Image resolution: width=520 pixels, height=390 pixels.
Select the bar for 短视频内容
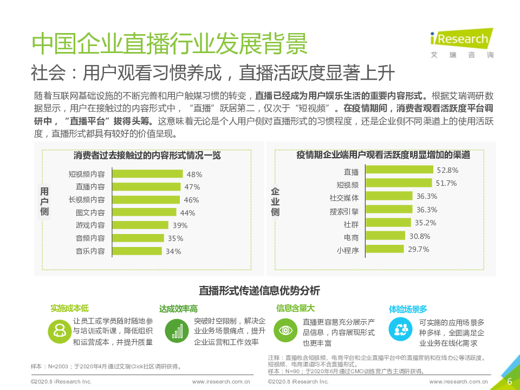pyautogui.click(x=147, y=174)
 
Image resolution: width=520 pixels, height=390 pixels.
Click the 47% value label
pyautogui.click(x=192, y=187)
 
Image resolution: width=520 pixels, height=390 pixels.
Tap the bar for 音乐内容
pyautogui.click(x=136, y=251)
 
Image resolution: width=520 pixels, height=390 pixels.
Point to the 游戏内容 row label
pyautogui.click(x=90, y=225)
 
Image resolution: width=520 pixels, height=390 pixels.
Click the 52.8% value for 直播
pyautogui.click(x=447, y=170)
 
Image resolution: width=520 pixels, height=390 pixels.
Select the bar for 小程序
pyautogui.click(x=385, y=249)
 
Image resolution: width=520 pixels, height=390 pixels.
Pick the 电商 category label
pyautogui.click(x=351, y=237)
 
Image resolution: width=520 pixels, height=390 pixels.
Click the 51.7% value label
pyautogui.click(x=446, y=183)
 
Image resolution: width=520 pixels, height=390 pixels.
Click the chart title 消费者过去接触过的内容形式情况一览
pyautogui.click(x=147, y=155)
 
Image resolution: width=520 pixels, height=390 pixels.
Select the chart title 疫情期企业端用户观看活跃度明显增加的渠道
pyautogui.click(x=383, y=155)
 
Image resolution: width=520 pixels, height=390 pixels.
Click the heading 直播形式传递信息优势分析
pyautogui.click(x=259, y=290)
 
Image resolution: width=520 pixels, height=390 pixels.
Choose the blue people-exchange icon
pyautogui.click(x=401, y=328)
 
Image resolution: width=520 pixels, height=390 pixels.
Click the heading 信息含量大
pyautogui.click(x=295, y=308)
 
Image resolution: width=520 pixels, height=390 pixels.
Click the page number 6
pyautogui.click(x=509, y=381)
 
